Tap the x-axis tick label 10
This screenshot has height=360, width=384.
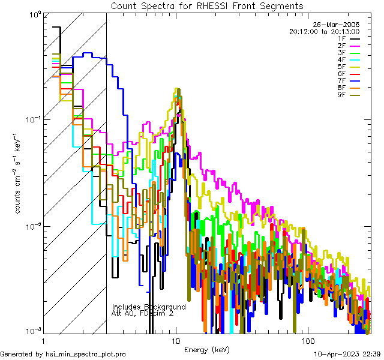pos(176,340)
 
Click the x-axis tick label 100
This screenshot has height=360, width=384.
pos(307,340)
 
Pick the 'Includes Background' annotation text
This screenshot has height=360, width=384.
pos(149,307)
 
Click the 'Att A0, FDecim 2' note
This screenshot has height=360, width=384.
pos(142,313)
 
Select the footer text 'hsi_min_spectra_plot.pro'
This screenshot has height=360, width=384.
pos(86,355)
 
